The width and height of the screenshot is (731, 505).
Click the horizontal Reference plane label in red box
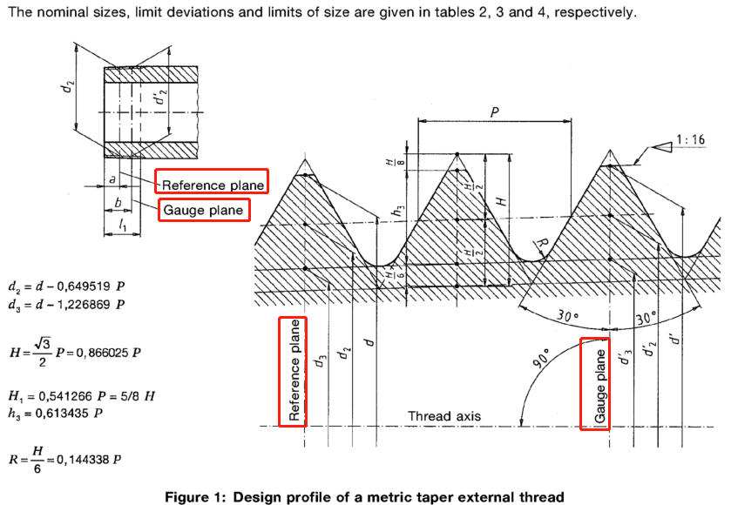pyautogui.click(x=212, y=184)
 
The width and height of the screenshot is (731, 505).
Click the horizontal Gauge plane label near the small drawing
pyautogui.click(x=203, y=211)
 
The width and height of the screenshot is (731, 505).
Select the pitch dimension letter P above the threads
pyautogui.click(x=495, y=112)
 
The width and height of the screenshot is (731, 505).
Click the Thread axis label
pyautogui.click(x=443, y=416)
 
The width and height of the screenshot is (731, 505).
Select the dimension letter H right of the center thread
pyautogui.click(x=500, y=199)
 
